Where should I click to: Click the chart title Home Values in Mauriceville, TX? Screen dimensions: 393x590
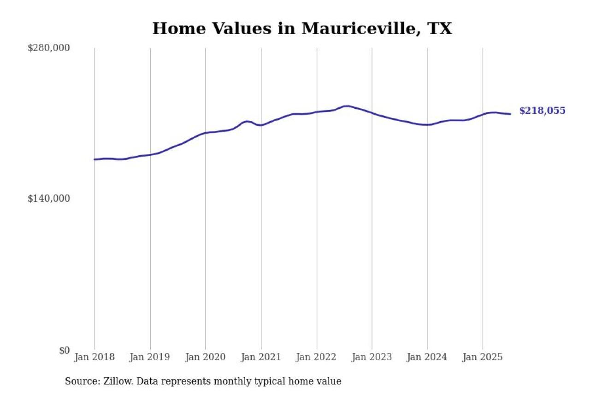click(x=302, y=29)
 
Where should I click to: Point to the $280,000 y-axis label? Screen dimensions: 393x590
click(x=49, y=48)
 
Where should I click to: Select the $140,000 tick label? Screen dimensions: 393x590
click(x=49, y=199)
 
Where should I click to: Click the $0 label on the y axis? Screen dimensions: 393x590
click(x=64, y=350)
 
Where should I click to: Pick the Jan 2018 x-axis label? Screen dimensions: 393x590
click(x=94, y=357)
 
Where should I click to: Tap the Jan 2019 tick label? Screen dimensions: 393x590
click(x=150, y=357)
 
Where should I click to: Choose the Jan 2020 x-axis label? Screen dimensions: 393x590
click(x=206, y=357)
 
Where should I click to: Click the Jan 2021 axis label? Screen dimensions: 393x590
click(x=261, y=357)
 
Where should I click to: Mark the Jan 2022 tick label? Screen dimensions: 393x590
click(x=317, y=357)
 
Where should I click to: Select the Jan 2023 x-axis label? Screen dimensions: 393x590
click(x=372, y=357)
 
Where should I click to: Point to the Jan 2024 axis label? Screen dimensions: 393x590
click(x=427, y=357)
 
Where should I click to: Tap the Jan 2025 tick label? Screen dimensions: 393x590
click(x=483, y=357)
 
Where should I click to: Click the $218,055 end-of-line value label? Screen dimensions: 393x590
click(x=542, y=111)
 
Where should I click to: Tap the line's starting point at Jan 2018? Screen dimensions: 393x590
click(x=95, y=159)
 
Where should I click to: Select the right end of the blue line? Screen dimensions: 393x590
click(x=510, y=114)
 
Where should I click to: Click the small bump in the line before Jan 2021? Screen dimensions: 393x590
click(x=248, y=121)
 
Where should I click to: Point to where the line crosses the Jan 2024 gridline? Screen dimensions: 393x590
click(x=428, y=124)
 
